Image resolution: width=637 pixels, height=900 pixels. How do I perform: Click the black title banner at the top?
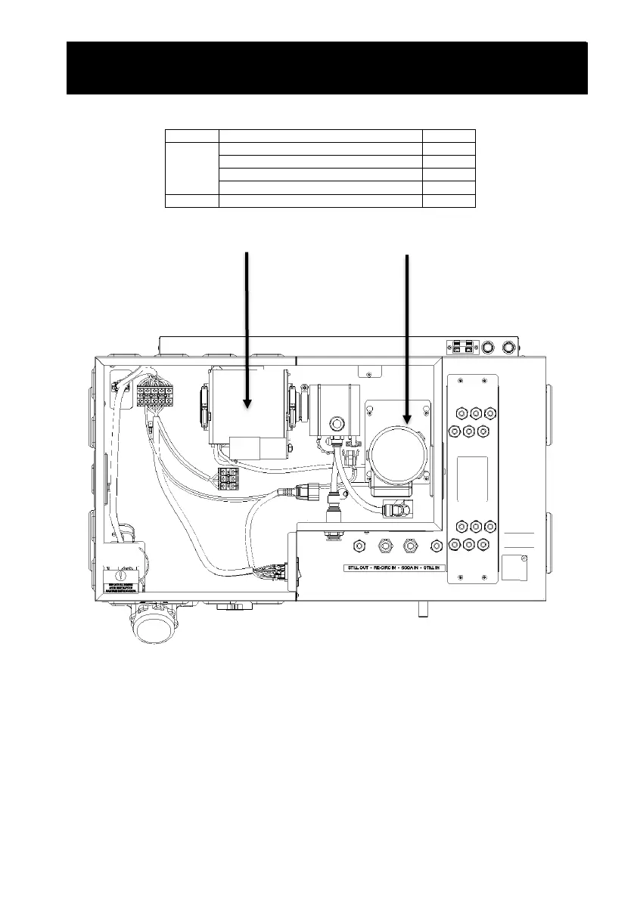coord(327,68)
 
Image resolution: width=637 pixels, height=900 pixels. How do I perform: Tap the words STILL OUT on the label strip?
coord(352,566)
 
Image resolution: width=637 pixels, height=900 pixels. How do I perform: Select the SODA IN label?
coord(415,566)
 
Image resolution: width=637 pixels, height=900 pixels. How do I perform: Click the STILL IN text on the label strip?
coord(444,566)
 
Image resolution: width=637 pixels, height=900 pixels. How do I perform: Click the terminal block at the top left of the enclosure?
coord(155,394)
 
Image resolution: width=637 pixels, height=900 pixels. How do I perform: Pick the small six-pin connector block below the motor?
coord(228,478)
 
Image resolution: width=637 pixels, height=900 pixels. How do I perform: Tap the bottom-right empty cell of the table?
coord(449,200)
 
